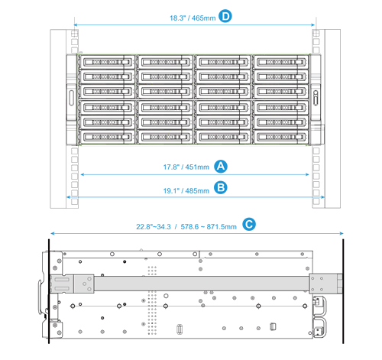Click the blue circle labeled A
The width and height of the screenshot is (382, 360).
pyautogui.click(x=221, y=166)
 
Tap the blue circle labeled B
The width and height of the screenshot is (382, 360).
pyautogui.click(x=221, y=186)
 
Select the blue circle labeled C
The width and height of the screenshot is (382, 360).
pyautogui.click(x=248, y=224)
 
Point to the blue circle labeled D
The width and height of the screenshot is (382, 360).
pyautogui.click(x=225, y=15)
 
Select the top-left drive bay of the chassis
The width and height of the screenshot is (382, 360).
pyautogui.click(x=108, y=61)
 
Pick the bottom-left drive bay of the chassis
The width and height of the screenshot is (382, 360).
pyautogui.click(x=108, y=136)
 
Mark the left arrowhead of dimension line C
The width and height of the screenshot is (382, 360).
pyautogui.click(x=51, y=235)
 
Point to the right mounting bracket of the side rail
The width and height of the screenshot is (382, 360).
pyautogui.click(x=321, y=284)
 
